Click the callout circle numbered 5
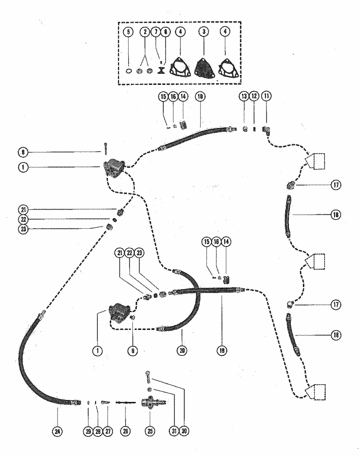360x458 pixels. [128, 33]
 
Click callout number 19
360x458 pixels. [222, 350]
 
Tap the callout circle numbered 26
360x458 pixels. [126, 430]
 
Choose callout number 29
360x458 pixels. [88, 430]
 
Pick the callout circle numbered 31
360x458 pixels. [174, 430]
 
